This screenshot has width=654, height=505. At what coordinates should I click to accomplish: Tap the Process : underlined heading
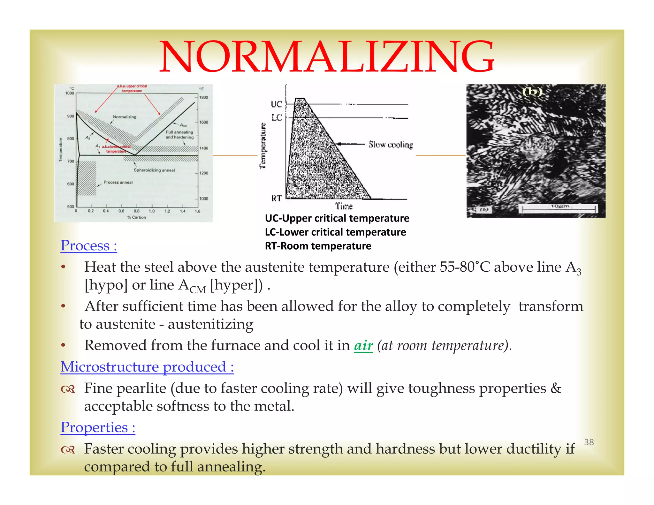point(89,245)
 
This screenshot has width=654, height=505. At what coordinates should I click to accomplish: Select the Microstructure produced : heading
point(147,367)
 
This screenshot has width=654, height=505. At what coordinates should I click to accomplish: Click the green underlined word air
point(363,345)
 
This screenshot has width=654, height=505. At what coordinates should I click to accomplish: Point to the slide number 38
point(589,442)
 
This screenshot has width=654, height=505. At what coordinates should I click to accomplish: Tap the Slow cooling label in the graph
point(390,145)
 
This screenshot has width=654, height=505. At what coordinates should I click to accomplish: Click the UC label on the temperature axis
point(277,104)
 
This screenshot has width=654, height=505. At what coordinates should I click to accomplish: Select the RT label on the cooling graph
point(277,198)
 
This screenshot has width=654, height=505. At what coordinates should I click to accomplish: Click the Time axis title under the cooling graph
point(344,206)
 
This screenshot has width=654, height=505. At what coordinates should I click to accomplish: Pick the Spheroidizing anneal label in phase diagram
point(154,170)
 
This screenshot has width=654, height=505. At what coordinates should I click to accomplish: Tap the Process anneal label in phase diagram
point(118,182)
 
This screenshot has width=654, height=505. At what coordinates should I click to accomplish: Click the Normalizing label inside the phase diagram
point(125,117)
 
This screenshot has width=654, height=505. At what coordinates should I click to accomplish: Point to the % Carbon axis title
point(137,217)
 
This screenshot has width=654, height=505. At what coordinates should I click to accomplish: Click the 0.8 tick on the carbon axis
point(136,211)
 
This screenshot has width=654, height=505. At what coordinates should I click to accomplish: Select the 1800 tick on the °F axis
point(203,97)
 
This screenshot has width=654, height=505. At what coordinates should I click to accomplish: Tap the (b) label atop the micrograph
point(532,92)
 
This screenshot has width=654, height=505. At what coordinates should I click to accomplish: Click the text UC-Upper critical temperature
point(337,218)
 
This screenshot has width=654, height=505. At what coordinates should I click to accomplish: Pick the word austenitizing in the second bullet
point(210,324)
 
